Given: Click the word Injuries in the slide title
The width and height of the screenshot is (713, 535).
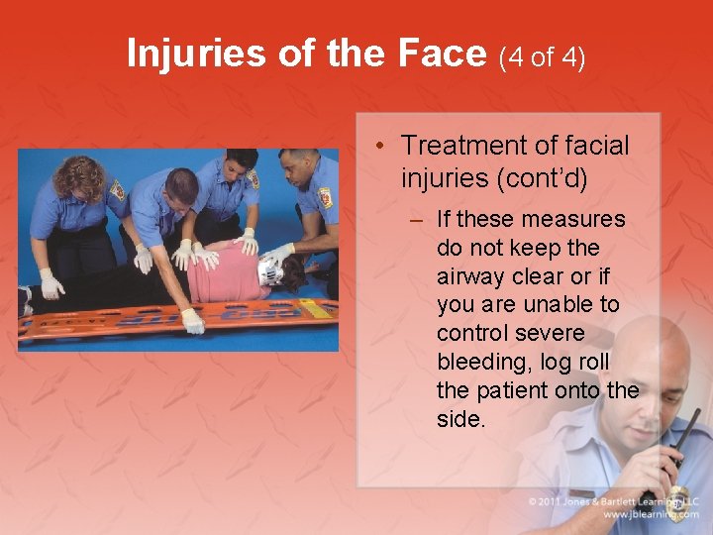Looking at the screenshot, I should click(x=197, y=54).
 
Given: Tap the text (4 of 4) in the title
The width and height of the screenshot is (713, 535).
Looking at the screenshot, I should click(x=543, y=57).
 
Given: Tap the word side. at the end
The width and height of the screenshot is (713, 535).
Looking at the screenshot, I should click(x=460, y=419).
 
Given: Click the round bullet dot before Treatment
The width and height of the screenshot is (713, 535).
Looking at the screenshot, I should click(x=381, y=147).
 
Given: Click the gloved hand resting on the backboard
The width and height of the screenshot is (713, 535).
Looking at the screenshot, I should click(x=192, y=321).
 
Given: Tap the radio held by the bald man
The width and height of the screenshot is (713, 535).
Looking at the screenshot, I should click(x=673, y=461).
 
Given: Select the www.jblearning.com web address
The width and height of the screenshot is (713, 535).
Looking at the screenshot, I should click(x=651, y=515).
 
